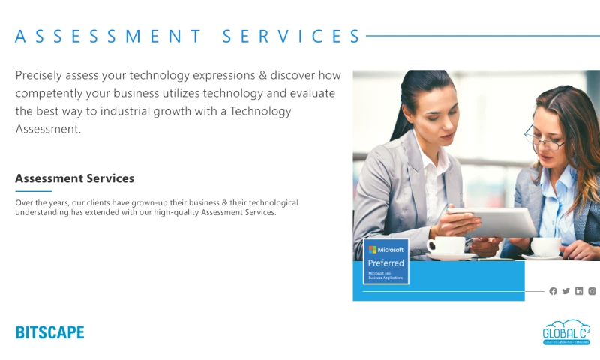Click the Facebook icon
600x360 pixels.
coord(553,291)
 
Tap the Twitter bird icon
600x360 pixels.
coord(566,291)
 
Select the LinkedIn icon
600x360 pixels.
coord(579,291)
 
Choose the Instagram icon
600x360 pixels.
coord(592,291)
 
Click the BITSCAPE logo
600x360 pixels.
coord(49,332)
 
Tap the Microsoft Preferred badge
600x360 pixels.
coord(385,261)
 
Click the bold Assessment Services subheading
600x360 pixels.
coord(74,178)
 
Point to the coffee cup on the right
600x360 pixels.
coord(545,246)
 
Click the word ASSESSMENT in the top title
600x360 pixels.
coord(109,36)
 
